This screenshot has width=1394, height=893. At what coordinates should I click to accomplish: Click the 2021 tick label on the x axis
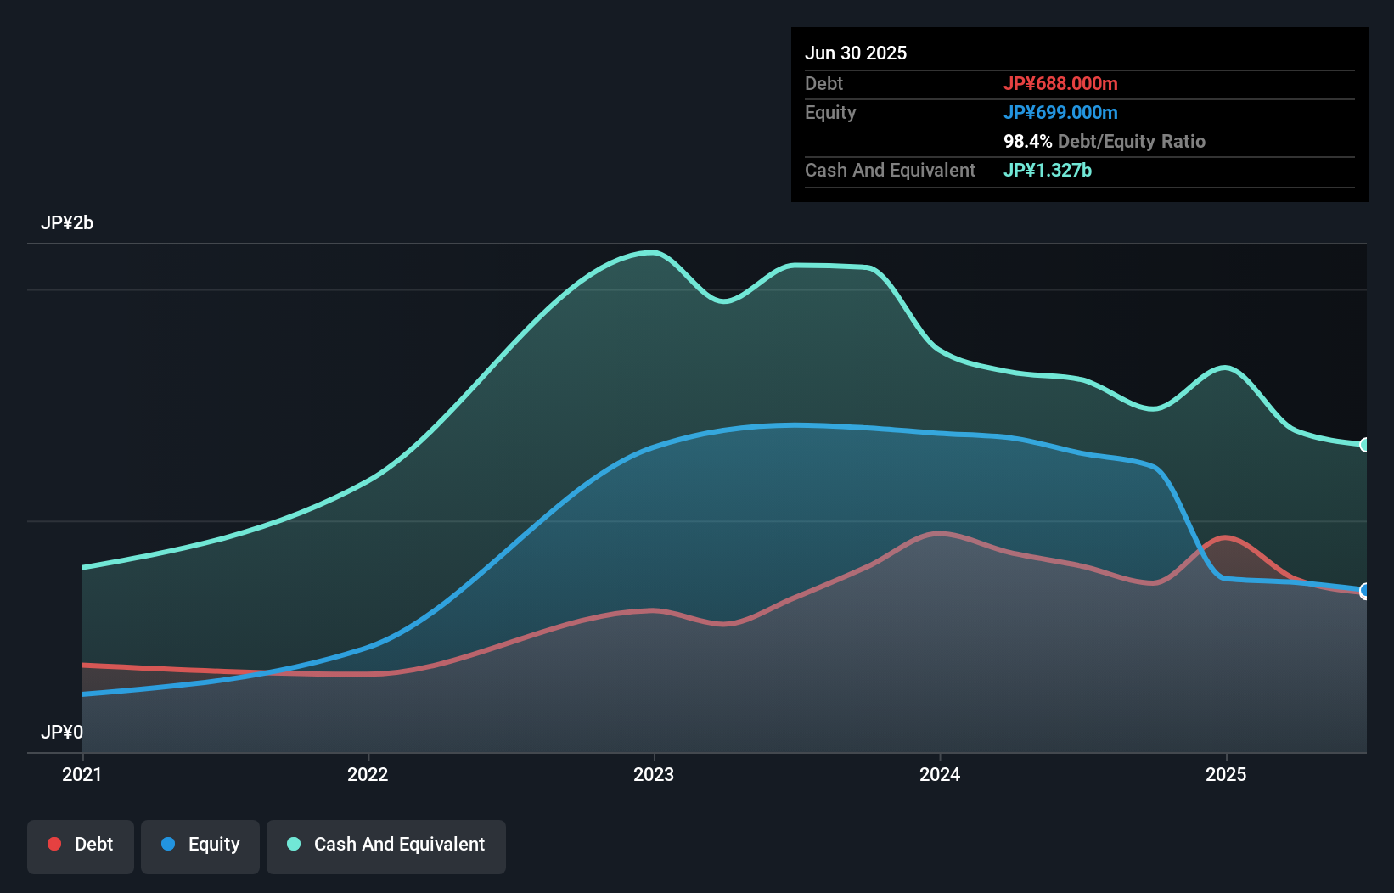(82, 774)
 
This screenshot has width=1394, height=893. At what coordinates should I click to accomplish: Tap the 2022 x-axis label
(368, 774)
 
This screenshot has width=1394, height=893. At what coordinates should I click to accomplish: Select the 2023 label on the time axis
(654, 774)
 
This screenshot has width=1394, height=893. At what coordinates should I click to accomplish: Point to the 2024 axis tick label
(940, 774)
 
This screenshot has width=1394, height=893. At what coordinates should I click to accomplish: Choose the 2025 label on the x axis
(1226, 774)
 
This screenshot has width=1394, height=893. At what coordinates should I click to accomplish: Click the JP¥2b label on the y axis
(67, 223)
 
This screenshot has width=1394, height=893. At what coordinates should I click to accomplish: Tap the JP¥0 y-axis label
(62, 732)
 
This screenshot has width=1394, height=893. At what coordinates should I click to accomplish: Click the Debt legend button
(81, 845)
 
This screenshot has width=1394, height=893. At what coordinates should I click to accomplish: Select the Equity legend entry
(200, 845)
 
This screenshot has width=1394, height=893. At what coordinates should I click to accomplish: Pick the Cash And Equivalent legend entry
(386, 845)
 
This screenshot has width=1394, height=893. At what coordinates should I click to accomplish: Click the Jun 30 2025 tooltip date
(856, 53)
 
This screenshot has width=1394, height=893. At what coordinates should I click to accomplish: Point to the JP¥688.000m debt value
(1060, 83)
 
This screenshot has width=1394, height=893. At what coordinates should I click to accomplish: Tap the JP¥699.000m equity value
(1060, 112)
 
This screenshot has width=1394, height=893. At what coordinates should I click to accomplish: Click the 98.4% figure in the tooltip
(1027, 141)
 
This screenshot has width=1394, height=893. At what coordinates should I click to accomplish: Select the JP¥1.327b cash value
(1048, 170)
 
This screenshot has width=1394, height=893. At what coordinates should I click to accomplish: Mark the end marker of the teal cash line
(1364, 445)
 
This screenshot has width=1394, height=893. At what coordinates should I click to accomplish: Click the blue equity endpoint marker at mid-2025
(1364, 590)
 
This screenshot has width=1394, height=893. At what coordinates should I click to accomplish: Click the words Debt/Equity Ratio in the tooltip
(1132, 141)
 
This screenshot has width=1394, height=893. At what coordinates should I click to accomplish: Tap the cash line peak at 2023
(652, 252)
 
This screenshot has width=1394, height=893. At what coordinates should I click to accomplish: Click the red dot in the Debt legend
(54, 844)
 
